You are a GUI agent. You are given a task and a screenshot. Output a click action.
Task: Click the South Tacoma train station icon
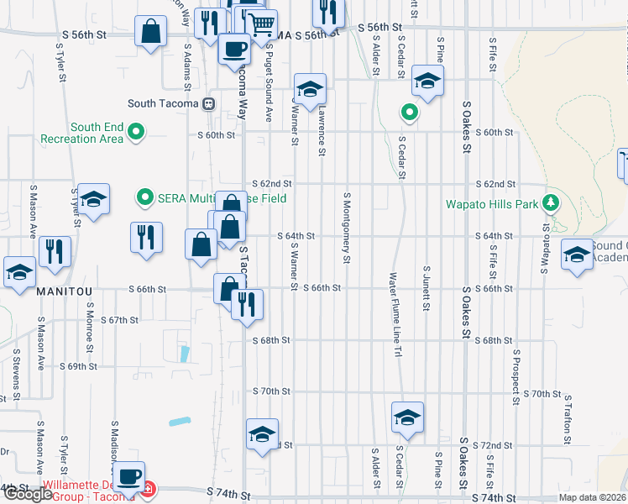208,104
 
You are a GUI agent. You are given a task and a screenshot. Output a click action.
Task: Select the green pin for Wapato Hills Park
551,202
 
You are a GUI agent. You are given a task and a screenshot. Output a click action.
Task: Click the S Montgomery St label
346,226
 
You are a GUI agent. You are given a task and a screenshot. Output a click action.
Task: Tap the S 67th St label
118,320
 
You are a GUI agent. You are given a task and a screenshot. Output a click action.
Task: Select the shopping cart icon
262,24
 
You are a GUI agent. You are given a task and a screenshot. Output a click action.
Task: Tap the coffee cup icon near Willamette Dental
128,477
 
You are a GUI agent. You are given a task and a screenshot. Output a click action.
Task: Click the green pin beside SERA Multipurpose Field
144,198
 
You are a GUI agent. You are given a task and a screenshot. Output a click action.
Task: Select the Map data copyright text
593,497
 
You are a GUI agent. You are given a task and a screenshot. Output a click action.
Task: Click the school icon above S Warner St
309,89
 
